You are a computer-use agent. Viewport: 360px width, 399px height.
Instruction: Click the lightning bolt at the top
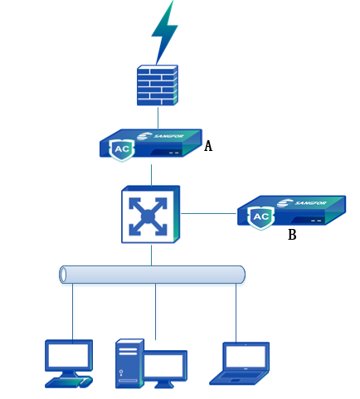point(164,32)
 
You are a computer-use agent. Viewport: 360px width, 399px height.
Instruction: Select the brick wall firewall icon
point(158,85)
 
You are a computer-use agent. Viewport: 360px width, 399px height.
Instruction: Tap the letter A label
point(208,146)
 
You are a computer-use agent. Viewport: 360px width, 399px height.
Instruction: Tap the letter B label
point(292,235)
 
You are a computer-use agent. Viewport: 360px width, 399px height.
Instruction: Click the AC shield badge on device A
point(122,149)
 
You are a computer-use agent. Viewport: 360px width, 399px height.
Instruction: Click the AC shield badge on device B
point(261,217)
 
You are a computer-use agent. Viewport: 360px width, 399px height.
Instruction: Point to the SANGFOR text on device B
point(310,203)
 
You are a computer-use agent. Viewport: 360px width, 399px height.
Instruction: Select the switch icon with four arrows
point(151,214)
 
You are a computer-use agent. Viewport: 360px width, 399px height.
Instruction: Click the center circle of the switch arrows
point(148,217)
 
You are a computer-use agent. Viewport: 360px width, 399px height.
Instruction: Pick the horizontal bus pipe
point(152,275)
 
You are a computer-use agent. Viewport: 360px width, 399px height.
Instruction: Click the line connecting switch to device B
point(209,213)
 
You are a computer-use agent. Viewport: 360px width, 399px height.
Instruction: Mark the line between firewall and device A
point(158,117)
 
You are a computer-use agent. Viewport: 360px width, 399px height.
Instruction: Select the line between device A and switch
point(151,175)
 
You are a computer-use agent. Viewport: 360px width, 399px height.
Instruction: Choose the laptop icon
point(240,363)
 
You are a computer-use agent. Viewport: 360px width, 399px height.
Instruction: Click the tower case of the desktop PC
point(129,363)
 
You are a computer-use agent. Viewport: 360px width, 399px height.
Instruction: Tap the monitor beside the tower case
point(165,368)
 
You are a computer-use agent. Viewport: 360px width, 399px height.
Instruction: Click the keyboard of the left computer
point(69,382)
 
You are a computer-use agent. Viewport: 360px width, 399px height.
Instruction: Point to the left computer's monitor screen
point(69,355)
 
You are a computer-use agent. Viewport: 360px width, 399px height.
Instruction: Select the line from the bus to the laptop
point(236,313)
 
